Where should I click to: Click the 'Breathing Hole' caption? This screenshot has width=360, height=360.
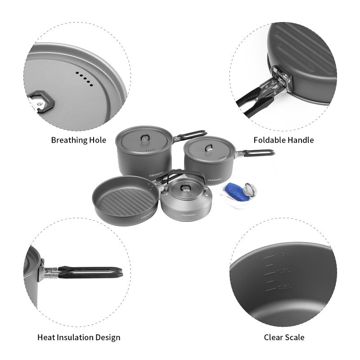(78, 140)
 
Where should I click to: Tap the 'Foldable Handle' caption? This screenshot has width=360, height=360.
(283, 140)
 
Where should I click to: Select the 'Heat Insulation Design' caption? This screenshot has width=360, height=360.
(79, 337)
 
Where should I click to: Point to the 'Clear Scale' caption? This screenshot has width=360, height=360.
(284, 337)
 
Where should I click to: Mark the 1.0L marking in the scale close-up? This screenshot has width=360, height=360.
(282, 271)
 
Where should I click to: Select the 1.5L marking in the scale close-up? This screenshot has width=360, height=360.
(282, 256)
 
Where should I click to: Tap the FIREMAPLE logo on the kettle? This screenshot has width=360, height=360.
(189, 214)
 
